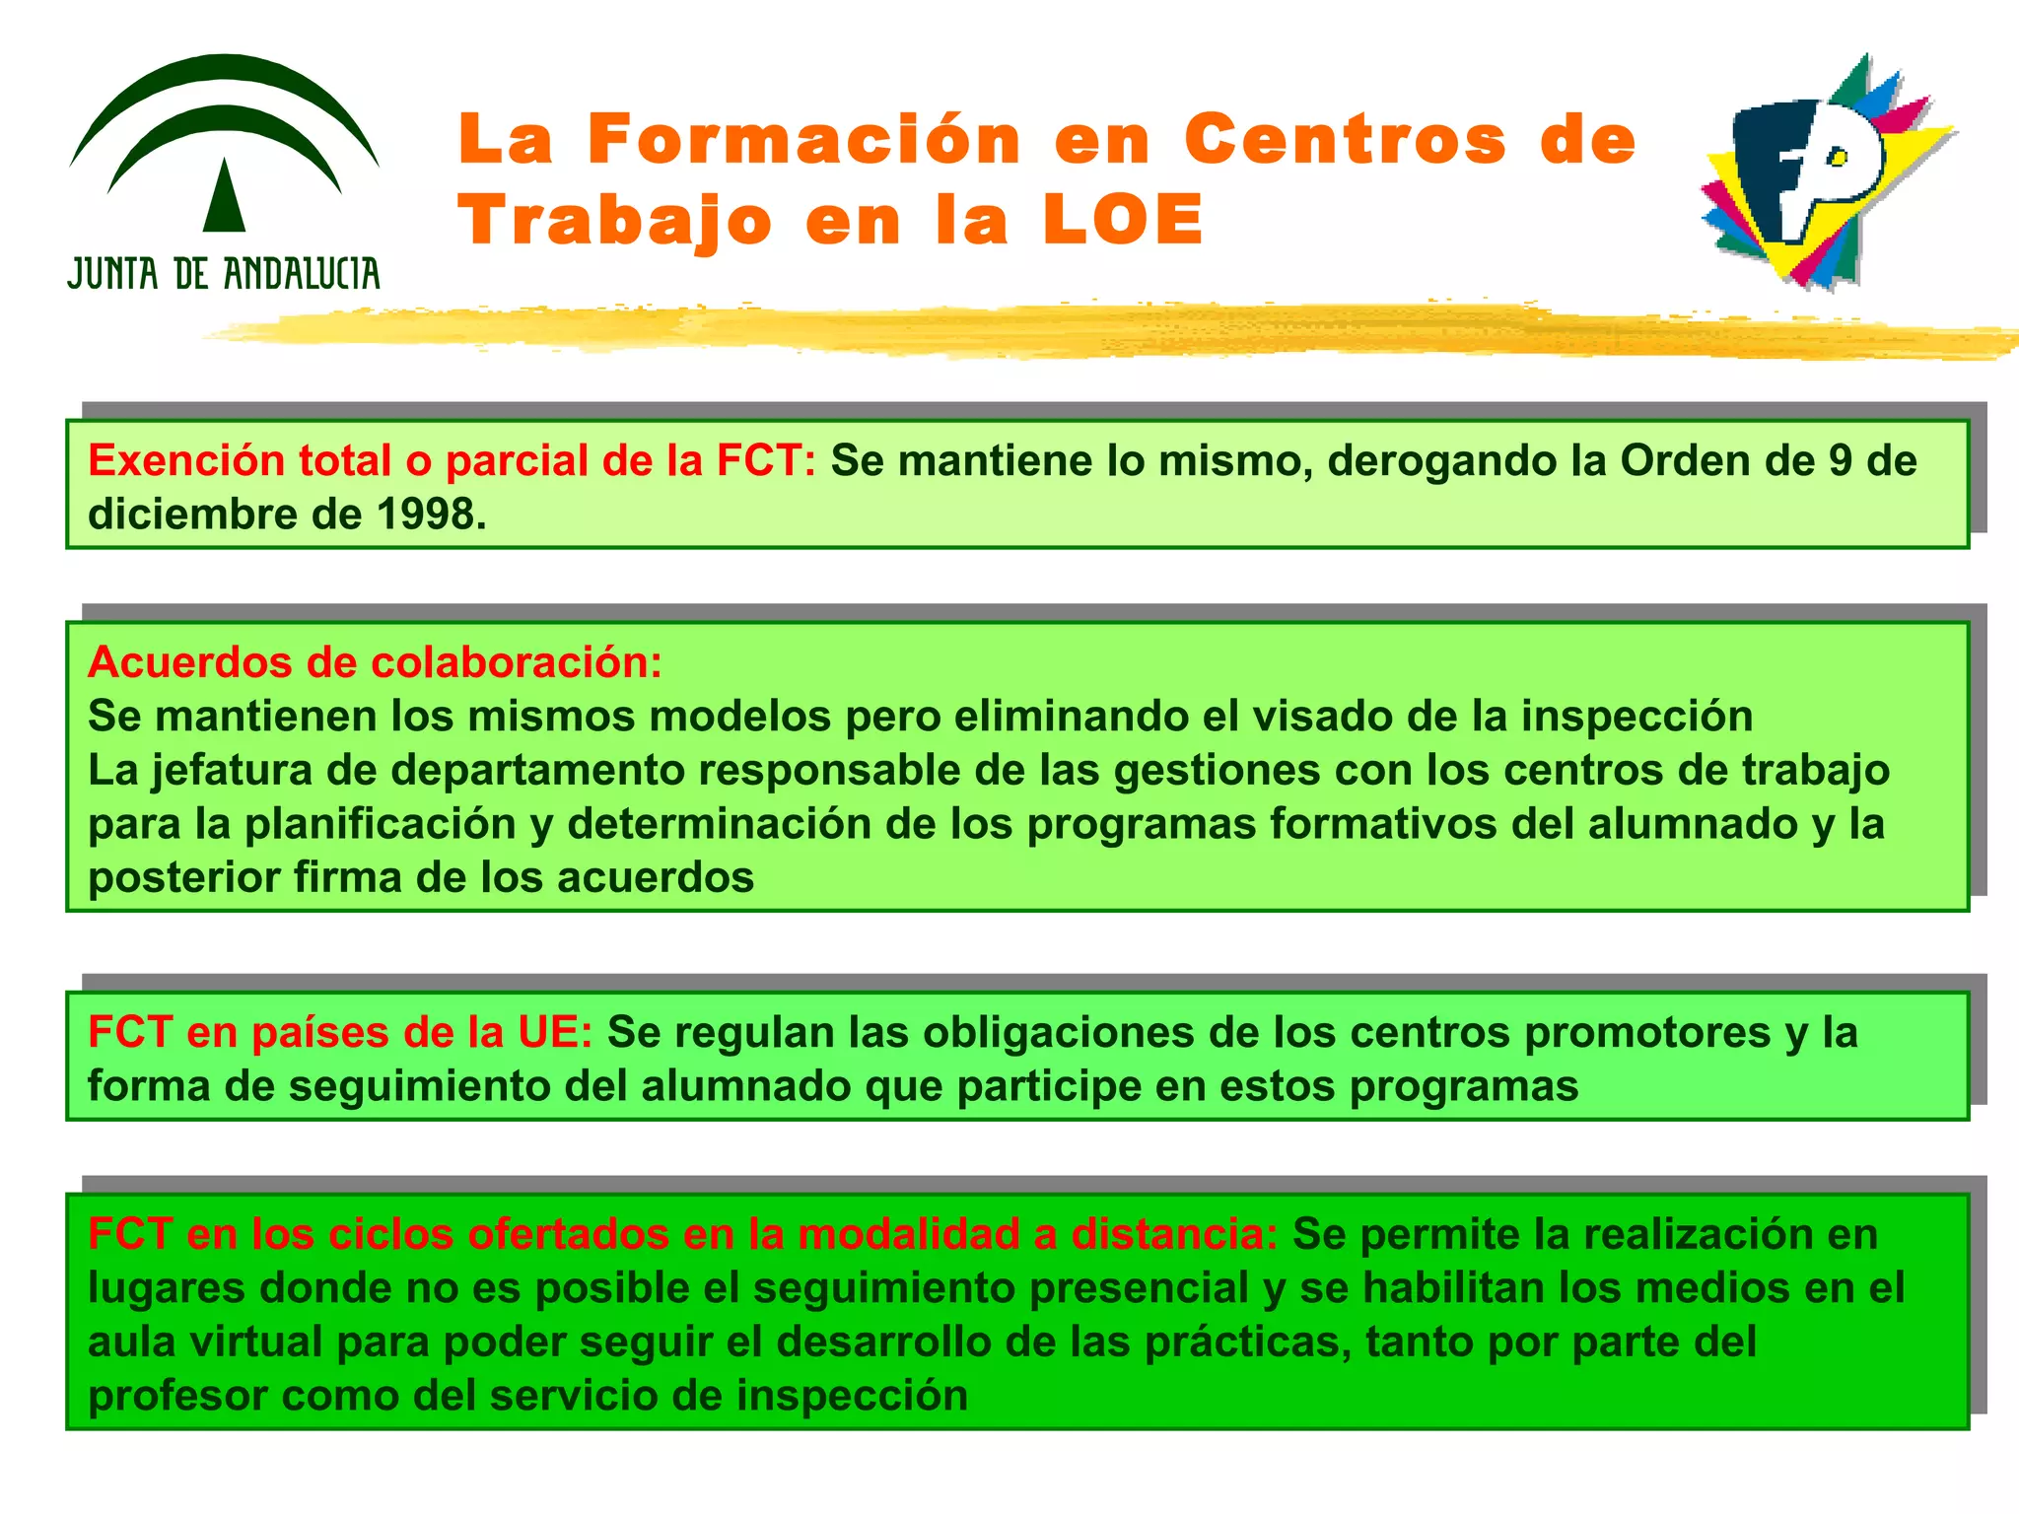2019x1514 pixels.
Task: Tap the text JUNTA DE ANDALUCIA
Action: pyautogui.click(x=224, y=274)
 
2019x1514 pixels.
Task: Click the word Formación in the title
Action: pyautogui.click(x=804, y=139)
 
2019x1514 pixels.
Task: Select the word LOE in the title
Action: pyautogui.click(x=1123, y=220)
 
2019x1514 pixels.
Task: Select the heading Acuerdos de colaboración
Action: pyautogui.click(x=375, y=662)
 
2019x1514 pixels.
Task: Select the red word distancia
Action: pyautogui.click(x=1173, y=1234)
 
